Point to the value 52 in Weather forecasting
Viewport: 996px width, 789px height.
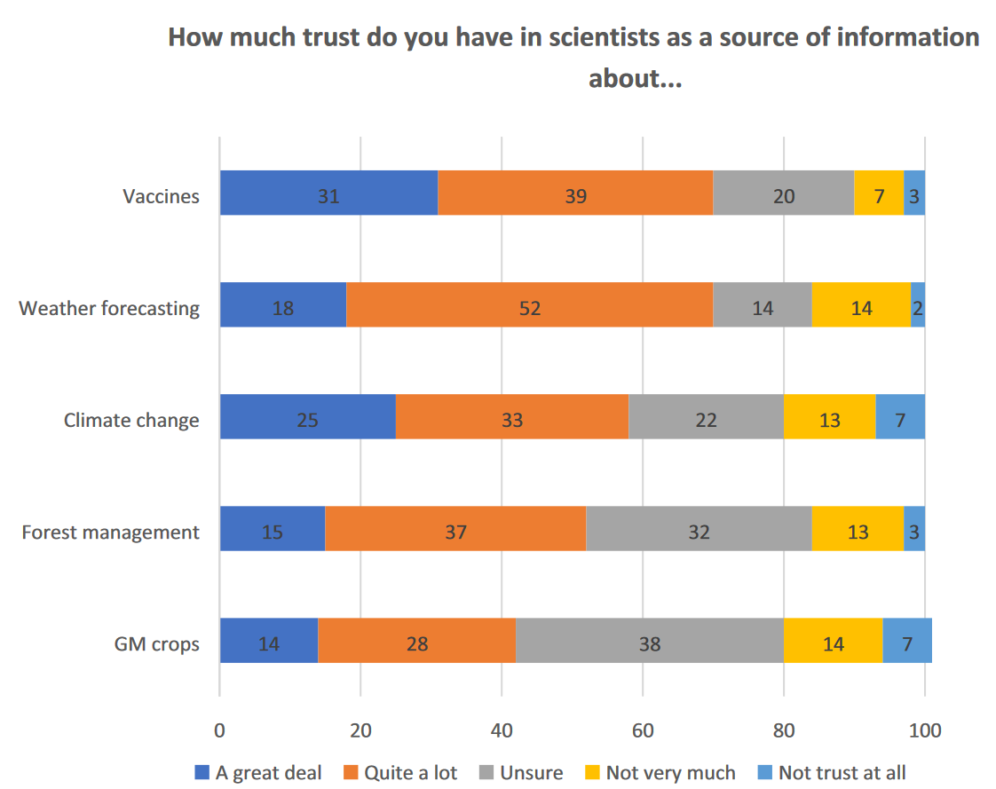click(x=530, y=308)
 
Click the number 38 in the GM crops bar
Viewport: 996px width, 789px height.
click(x=650, y=643)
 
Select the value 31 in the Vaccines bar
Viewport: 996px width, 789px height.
click(x=328, y=196)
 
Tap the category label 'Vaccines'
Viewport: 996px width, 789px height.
click(x=161, y=196)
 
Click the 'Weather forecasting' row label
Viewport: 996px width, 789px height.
click(x=109, y=308)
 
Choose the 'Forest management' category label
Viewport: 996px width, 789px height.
click(x=110, y=532)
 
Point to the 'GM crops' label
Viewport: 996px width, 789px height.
click(x=157, y=643)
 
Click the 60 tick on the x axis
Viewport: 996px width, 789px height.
click(x=643, y=730)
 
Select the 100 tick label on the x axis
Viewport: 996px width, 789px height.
click(x=924, y=730)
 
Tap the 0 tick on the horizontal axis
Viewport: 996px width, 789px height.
click(x=219, y=730)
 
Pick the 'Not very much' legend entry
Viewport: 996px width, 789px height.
click(x=670, y=772)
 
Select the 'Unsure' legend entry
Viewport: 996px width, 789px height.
click(x=531, y=772)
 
